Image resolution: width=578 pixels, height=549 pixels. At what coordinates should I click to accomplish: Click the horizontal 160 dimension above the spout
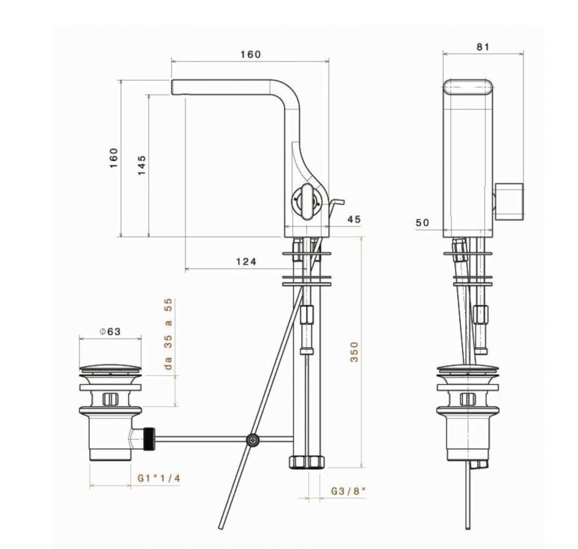pos(250,54)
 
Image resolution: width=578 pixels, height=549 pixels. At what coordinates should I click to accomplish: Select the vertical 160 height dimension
pos(114,159)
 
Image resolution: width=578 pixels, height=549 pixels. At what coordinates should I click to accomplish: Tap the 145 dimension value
pos(141,165)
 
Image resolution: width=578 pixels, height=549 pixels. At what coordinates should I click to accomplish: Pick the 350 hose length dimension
pos(354,352)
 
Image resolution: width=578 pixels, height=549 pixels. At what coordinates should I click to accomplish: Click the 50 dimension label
pos(422,223)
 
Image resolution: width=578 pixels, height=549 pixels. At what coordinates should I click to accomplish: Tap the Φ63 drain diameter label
pos(110,331)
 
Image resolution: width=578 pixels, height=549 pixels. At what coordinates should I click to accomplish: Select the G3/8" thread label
pos(348,491)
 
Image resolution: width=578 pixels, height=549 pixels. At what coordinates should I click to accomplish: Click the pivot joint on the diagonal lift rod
pos(253,440)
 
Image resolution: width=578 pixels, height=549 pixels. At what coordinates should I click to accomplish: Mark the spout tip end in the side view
pos(175,87)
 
